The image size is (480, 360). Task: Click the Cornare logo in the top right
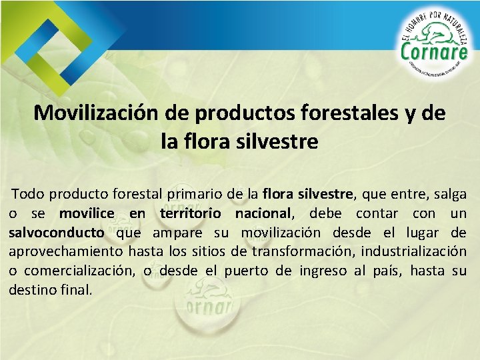click(x=435, y=47)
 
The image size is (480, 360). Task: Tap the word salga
click(x=449, y=195)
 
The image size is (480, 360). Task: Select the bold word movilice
click(x=87, y=214)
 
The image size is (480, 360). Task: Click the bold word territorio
click(x=190, y=214)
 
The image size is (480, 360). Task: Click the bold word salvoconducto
click(x=57, y=233)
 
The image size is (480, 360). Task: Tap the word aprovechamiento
click(x=65, y=252)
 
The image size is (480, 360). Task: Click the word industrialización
click(x=407, y=252)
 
